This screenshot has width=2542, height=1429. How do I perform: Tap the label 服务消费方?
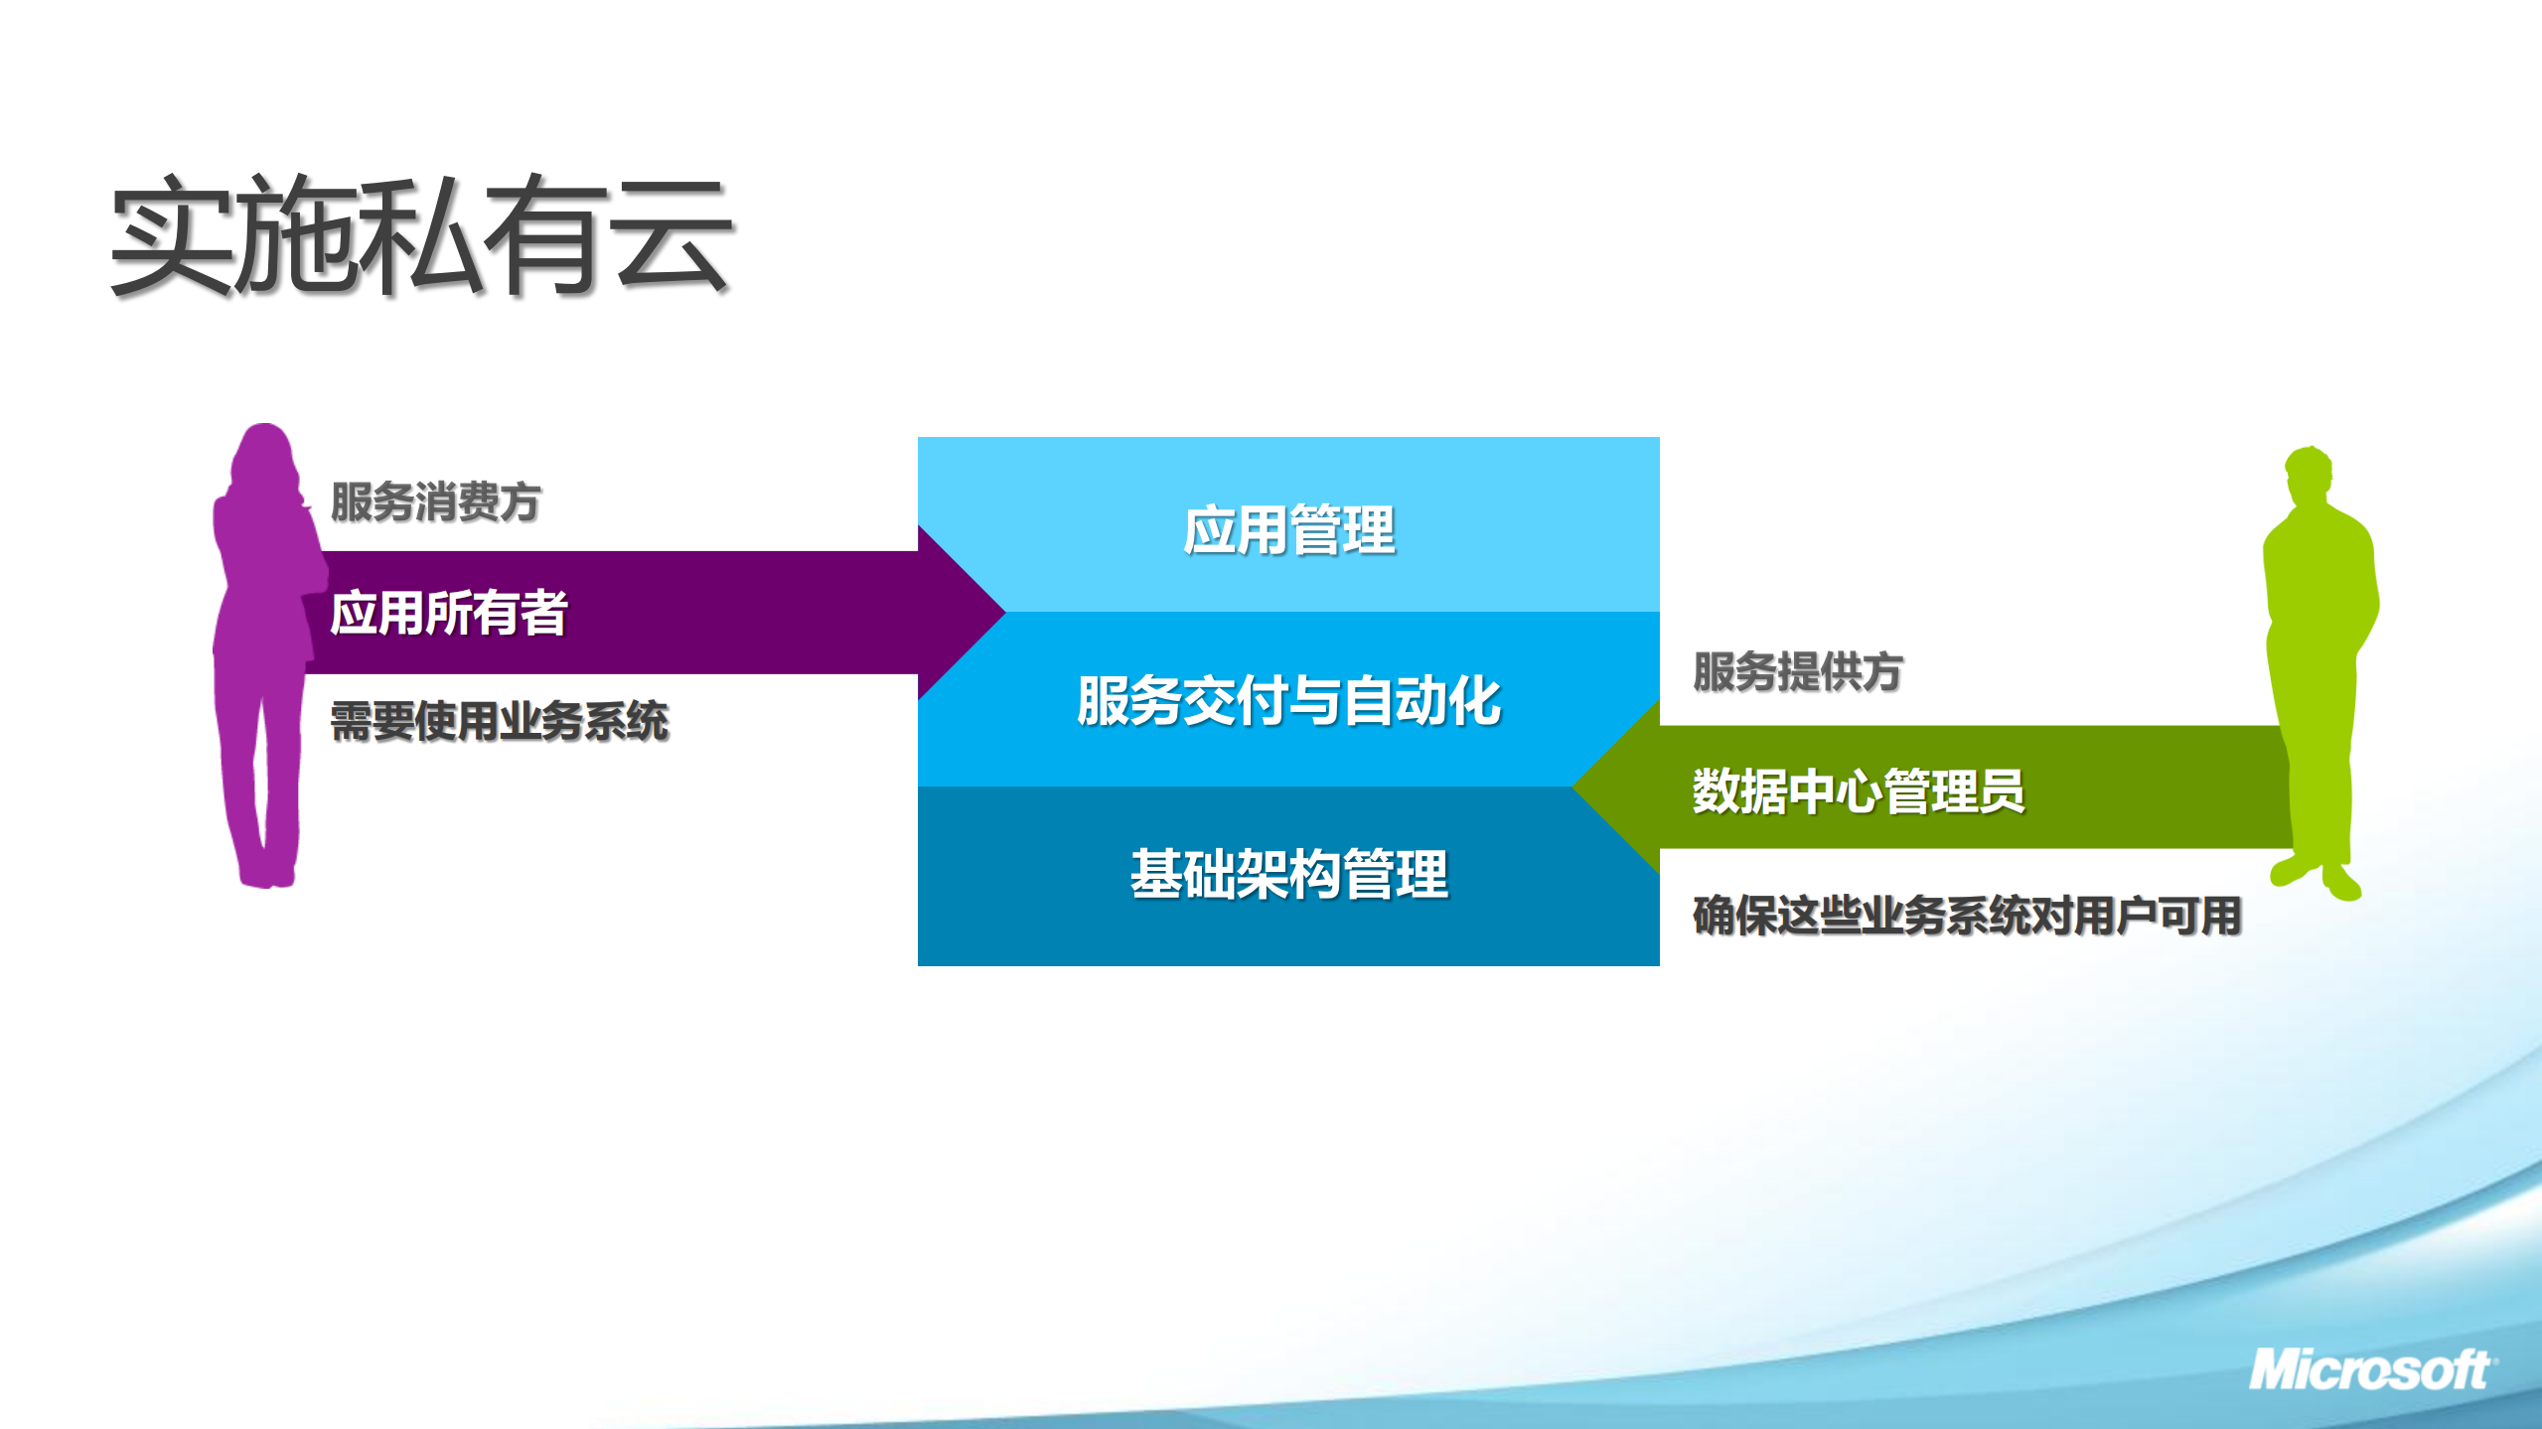[x=435, y=501]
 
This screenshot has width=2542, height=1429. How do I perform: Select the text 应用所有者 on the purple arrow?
[x=448, y=613]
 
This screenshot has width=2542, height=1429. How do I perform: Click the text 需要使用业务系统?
[x=499, y=721]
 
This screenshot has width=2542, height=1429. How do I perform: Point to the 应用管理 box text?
[x=1288, y=530]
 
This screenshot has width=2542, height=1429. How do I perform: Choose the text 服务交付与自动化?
[x=1288, y=701]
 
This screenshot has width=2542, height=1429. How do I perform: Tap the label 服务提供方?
[x=1797, y=672]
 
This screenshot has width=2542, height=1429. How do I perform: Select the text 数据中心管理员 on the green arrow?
[x=1858, y=791]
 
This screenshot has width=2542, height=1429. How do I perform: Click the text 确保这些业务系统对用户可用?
[x=1967, y=916]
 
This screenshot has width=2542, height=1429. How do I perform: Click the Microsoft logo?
[x=2369, y=1371]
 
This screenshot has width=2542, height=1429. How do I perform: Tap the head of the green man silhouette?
[x=2308, y=475]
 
